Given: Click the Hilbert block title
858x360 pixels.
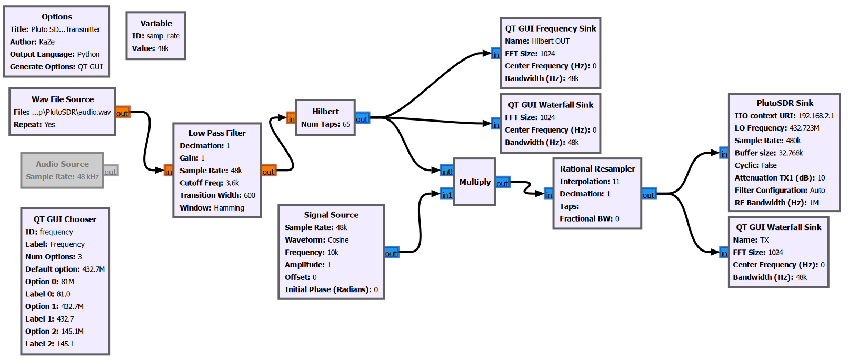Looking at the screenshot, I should pos(325,112).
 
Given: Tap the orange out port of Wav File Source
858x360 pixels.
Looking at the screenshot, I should pos(122,113).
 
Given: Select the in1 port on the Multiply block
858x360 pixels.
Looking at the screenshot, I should pos(447,195).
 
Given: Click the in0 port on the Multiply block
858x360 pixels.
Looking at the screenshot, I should pos(447,171).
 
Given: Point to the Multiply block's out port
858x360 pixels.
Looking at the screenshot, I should pos(502,183).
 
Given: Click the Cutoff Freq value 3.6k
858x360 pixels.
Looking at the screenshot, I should pos(232,183).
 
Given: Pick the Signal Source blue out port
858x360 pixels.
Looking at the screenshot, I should pos(391,253).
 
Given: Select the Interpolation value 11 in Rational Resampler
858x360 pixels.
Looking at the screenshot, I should pos(616,182).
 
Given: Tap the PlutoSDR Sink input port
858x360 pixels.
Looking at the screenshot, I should pos(724,154).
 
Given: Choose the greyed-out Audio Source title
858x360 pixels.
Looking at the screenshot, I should pos(62,164).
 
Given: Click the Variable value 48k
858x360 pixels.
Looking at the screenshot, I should pos(163,48).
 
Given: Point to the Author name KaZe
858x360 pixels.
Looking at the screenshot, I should pos(47,42).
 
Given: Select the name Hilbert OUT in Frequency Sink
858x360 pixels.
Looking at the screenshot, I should pos(551,41).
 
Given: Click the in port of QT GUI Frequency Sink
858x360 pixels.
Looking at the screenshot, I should pos(496,54).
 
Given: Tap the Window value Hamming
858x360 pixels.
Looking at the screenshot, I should pos(228,208).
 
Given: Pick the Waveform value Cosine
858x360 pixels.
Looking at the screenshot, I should pos(338,240).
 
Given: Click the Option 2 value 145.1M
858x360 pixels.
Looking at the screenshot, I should pos(72,332).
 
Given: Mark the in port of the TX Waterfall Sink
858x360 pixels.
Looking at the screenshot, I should pos(724,253).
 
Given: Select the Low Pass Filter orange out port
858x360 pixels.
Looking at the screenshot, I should pos(268,171).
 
